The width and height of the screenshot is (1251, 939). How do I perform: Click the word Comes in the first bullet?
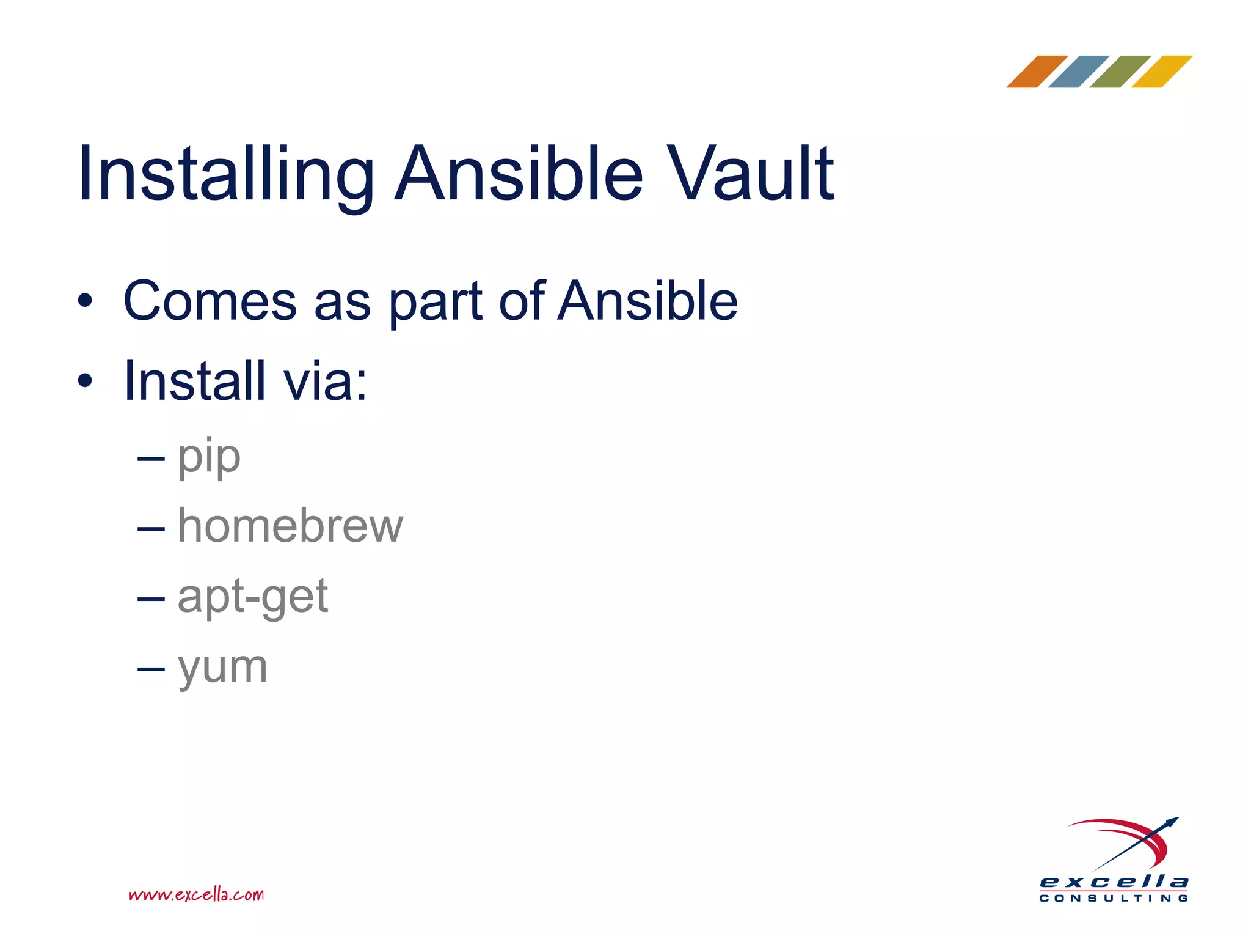point(210,301)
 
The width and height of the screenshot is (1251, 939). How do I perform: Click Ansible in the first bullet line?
point(647,301)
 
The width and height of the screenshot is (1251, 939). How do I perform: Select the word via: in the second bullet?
point(325,382)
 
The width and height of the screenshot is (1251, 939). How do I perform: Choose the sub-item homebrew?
point(290,526)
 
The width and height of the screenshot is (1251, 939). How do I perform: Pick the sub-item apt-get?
point(252,597)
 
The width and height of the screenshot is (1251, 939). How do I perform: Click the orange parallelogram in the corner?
point(1037,72)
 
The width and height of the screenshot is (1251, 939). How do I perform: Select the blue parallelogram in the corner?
point(1079,72)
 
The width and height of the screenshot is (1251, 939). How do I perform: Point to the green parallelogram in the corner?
point(1120,72)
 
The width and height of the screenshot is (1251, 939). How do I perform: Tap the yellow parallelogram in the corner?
point(1162,72)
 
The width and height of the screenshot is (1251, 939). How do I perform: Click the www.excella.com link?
point(196,895)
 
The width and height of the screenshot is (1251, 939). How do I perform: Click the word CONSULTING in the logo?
point(1114,898)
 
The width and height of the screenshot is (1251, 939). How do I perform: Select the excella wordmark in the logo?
point(1114,882)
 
